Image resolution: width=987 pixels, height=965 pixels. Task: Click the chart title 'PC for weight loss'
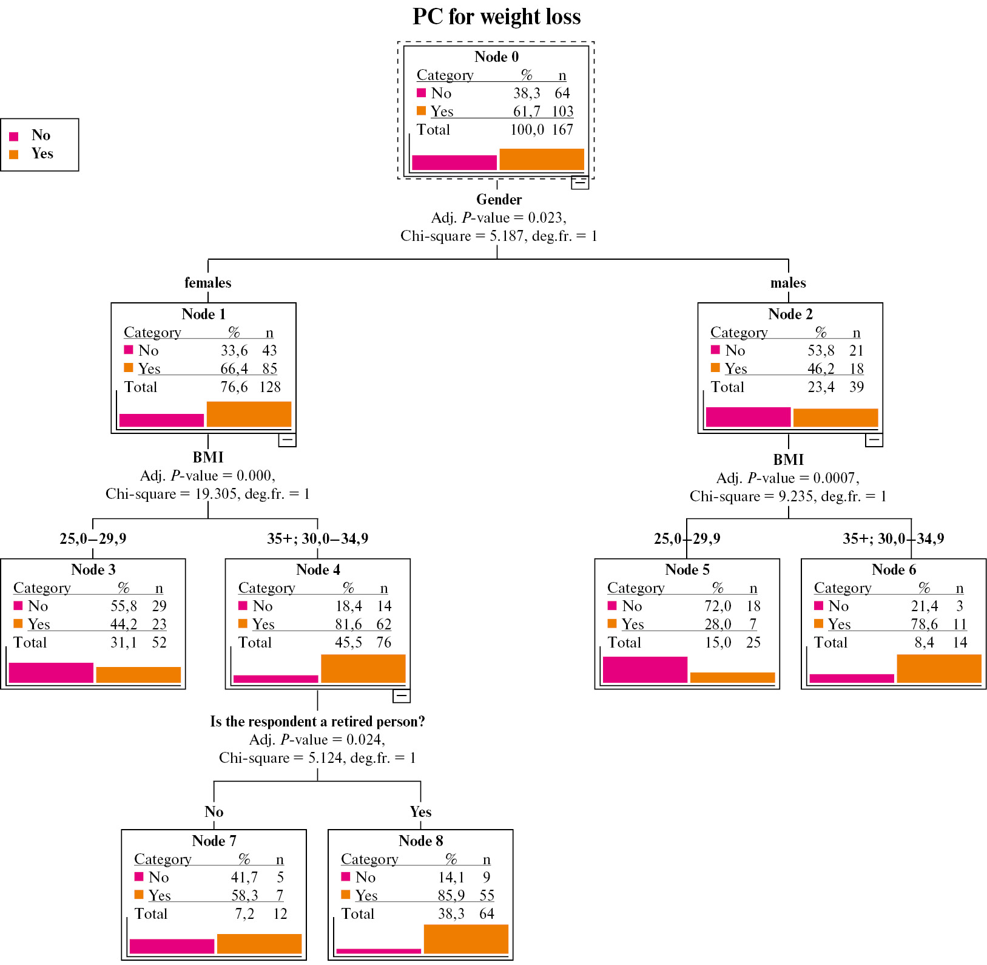point(496,17)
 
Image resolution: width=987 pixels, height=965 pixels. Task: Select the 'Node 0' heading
point(496,57)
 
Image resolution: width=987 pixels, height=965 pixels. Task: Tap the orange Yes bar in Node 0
point(541,159)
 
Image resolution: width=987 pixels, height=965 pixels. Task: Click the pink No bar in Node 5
point(645,669)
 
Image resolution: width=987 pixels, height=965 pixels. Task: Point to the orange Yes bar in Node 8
point(465,939)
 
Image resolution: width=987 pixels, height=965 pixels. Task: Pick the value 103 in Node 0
point(562,112)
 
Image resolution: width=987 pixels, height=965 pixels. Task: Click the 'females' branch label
point(207,283)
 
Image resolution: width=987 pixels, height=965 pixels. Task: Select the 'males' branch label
point(788,283)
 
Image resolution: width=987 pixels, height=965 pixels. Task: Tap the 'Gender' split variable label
point(499,200)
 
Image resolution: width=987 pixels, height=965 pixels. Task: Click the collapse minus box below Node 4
point(402,696)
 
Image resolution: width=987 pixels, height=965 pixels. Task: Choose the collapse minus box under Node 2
point(874,440)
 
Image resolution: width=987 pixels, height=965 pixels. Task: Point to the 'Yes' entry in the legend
point(42,154)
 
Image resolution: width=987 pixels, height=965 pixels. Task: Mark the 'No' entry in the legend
point(41,135)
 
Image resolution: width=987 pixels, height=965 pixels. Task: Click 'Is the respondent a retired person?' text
point(317,722)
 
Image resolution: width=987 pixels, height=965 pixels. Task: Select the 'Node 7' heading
point(214,841)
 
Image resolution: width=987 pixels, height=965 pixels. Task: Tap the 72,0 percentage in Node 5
point(718,606)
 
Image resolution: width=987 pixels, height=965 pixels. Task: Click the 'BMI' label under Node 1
point(208,458)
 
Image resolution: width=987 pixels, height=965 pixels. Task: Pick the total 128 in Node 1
point(269,387)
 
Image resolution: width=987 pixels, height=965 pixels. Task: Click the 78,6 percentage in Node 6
point(924,625)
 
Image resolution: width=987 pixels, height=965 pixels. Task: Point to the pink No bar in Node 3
point(51,672)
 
